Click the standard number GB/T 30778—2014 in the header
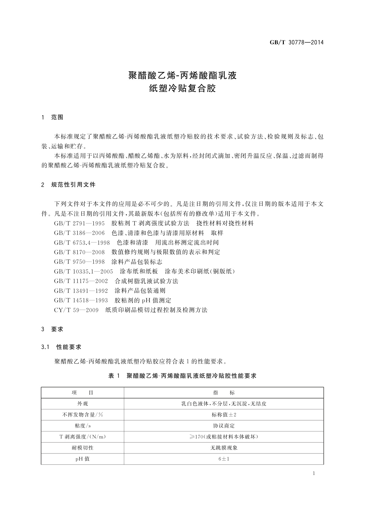(x=296, y=43)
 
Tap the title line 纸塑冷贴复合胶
(x=182, y=89)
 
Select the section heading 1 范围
(x=52, y=117)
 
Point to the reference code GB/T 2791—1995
(x=79, y=223)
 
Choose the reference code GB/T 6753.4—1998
(x=82, y=243)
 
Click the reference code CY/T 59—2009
(x=76, y=310)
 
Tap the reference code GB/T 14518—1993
(x=81, y=301)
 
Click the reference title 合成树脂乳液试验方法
(x=146, y=281)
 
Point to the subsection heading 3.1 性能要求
(x=61, y=347)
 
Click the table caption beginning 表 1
(x=182, y=376)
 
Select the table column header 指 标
(x=224, y=393)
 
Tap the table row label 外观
(x=82, y=404)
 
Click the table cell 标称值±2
(x=224, y=415)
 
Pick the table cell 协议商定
(x=224, y=426)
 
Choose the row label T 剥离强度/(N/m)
(x=82, y=437)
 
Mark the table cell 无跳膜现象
(x=224, y=448)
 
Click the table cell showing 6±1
(x=224, y=459)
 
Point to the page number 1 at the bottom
(x=314, y=473)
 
